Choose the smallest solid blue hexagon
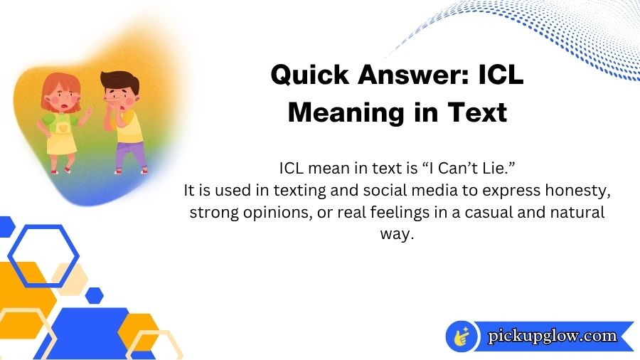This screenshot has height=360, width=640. point(94,295)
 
